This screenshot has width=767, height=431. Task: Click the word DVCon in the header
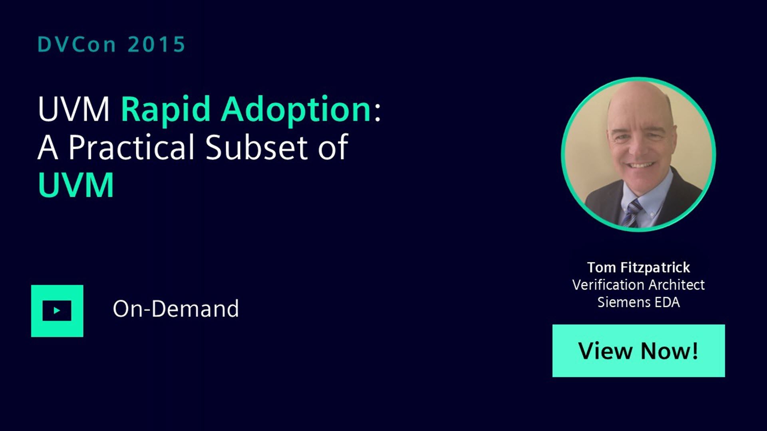[x=77, y=44]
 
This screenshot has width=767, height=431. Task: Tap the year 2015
[x=157, y=44]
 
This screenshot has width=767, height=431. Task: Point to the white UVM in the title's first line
[x=74, y=109]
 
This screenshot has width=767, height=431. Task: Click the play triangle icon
[x=57, y=310]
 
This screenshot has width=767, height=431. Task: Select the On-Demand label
[x=176, y=309]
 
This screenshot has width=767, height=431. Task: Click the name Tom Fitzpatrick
[x=638, y=267]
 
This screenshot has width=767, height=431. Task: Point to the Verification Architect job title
[x=638, y=285]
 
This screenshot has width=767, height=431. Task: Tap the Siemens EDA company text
[x=638, y=302]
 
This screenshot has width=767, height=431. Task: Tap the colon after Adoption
[x=378, y=111]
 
